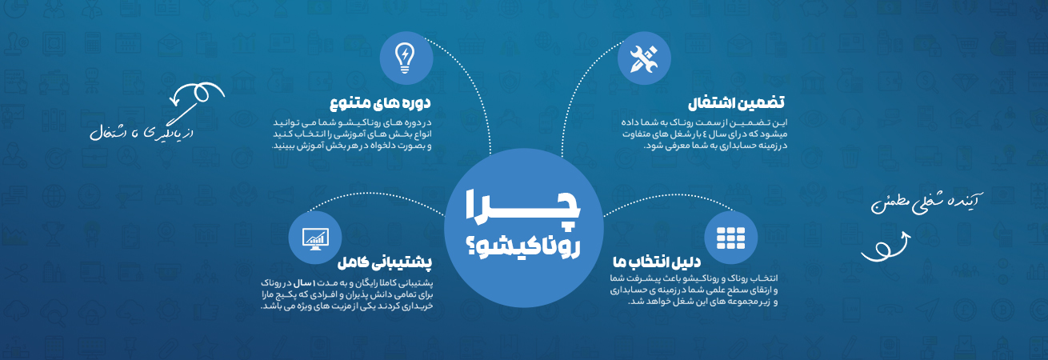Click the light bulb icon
coord(405,58)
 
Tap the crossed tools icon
coord(644,59)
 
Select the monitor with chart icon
coord(315,238)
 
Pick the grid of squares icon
coord(730,238)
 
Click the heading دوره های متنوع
coord(380,102)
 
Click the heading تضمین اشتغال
coord(736,102)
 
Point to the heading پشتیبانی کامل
coord(385,262)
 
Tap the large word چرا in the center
coord(523,210)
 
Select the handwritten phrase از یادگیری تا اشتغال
coord(142,133)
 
